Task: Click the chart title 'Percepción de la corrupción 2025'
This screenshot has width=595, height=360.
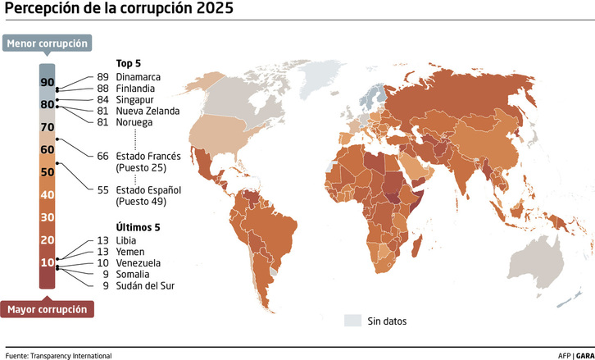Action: pos(119,11)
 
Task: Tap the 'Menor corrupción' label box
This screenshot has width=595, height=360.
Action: pos(47,43)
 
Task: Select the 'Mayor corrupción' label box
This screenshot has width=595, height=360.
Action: pos(48,309)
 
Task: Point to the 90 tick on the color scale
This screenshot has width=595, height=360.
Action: pos(47,82)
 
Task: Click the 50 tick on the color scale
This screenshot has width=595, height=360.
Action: pos(47,172)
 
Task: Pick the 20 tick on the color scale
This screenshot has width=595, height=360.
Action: pos(47,239)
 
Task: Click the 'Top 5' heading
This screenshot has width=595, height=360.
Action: pos(129,63)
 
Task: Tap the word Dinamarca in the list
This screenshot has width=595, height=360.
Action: pos(138,77)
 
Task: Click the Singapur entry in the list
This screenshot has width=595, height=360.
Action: pos(135,100)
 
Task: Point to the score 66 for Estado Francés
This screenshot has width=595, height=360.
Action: pos(102,156)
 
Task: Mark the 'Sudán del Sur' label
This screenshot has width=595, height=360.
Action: pos(145,285)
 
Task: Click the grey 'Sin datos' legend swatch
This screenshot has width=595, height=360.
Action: pos(352,321)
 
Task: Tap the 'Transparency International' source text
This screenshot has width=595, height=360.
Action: pos(70,355)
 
